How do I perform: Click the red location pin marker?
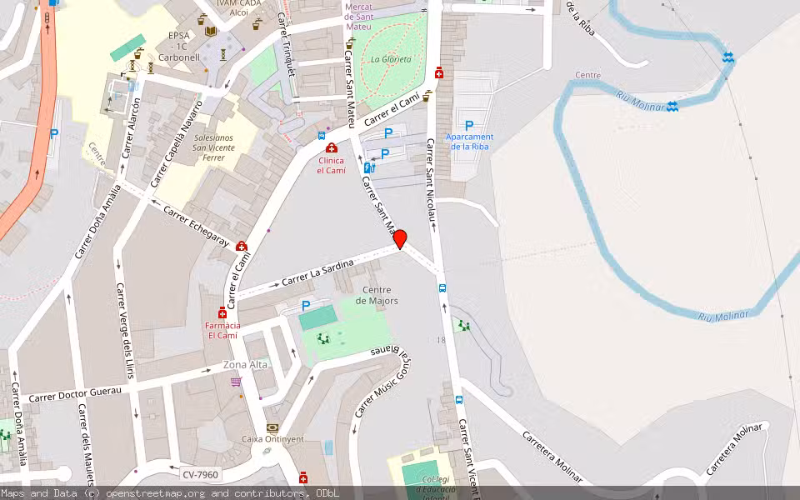click(400, 239)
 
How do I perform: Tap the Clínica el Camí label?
click(331, 165)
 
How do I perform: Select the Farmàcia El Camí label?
click(222, 330)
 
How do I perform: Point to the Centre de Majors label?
click(377, 295)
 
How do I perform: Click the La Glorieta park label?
click(391, 59)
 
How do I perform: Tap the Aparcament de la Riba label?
click(469, 142)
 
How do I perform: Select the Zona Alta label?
click(246, 365)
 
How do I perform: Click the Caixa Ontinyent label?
click(272, 438)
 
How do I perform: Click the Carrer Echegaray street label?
click(196, 225)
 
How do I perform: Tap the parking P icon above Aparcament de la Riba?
click(469, 125)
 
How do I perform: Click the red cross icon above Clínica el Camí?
click(331, 148)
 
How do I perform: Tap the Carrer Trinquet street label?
click(287, 46)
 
